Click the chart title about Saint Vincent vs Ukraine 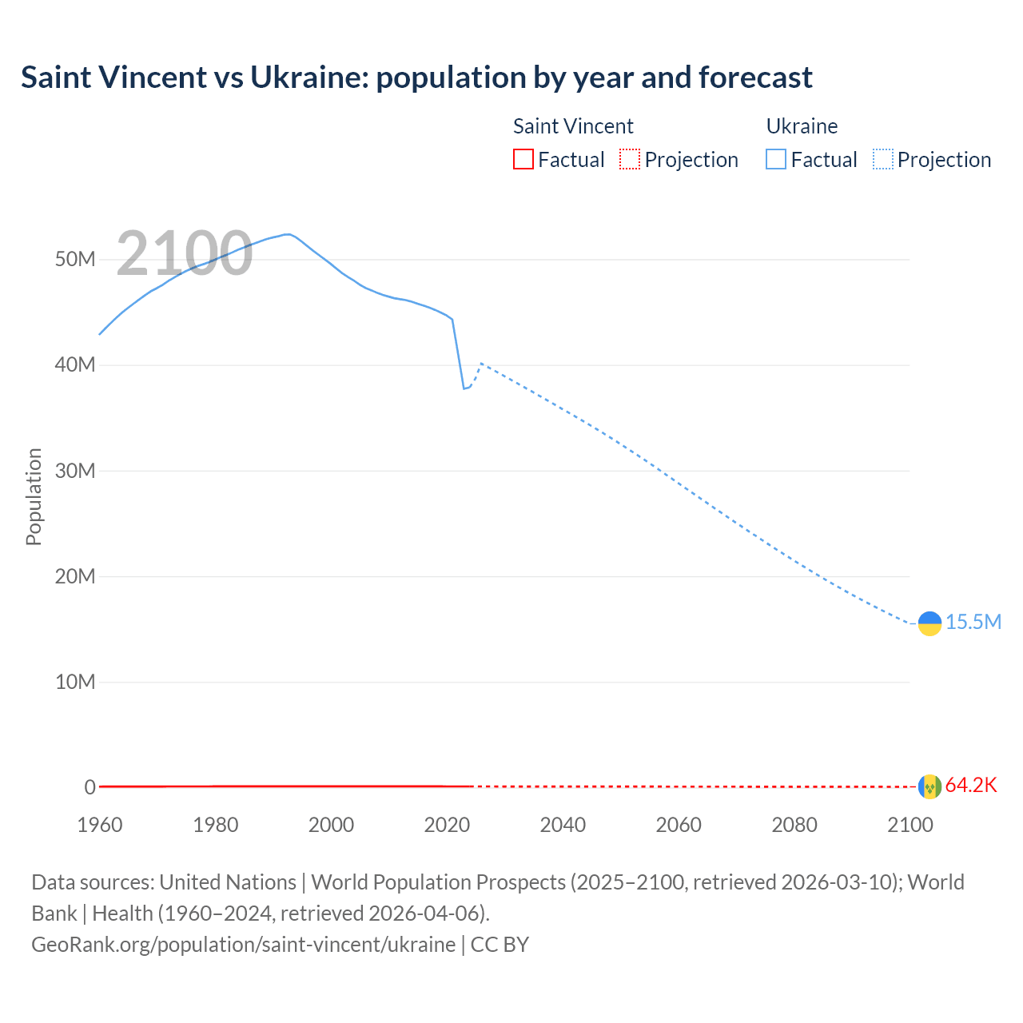(x=416, y=78)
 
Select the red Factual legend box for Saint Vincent (x=523, y=159)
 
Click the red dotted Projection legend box (x=630, y=159)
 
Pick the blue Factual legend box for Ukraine (x=775, y=159)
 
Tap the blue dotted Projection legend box (x=882, y=159)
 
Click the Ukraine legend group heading (x=802, y=126)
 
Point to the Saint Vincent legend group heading (x=573, y=126)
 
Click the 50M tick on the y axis (x=75, y=259)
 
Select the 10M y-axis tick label (x=75, y=682)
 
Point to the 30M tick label (x=75, y=471)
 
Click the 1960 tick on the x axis (x=100, y=825)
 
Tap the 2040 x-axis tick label (x=563, y=825)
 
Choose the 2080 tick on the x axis (x=794, y=825)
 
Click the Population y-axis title (x=34, y=496)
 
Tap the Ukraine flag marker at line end (x=929, y=623)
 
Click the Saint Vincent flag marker (x=929, y=787)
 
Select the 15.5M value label (x=973, y=622)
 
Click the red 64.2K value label (x=971, y=785)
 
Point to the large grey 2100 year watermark (x=185, y=253)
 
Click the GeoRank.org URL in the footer (x=243, y=944)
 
